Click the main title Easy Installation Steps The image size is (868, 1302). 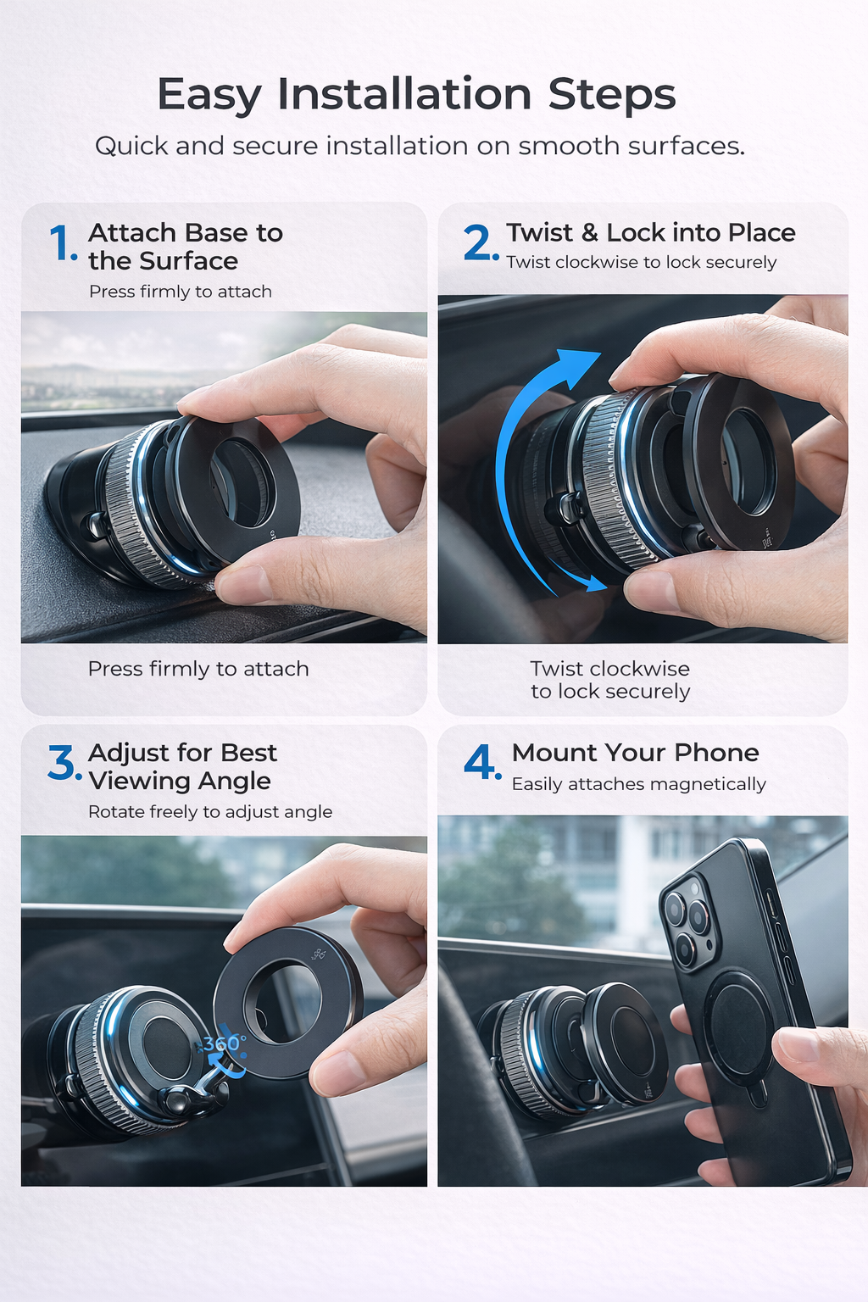[416, 94]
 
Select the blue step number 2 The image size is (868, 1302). [480, 243]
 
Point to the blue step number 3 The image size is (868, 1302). [64, 763]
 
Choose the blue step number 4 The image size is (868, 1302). [481, 762]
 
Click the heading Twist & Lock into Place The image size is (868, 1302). [650, 232]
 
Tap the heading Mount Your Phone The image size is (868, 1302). [635, 753]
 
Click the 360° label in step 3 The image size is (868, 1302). [224, 1043]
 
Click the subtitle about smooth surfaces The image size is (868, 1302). [420, 146]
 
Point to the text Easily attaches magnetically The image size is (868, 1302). [638, 784]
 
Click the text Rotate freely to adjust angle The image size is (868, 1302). [210, 812]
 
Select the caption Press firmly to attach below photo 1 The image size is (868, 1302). [198, 669]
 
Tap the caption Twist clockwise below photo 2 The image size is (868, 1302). [609, 680]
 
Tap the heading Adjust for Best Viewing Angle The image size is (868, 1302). [182, 766]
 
